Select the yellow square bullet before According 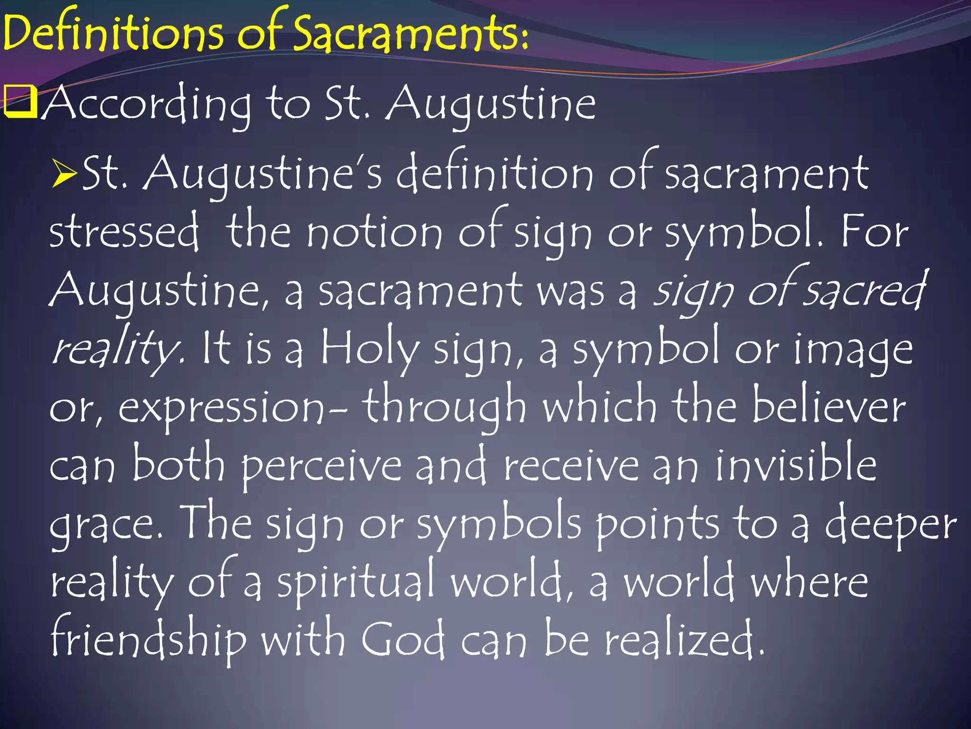click(20, 102)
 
